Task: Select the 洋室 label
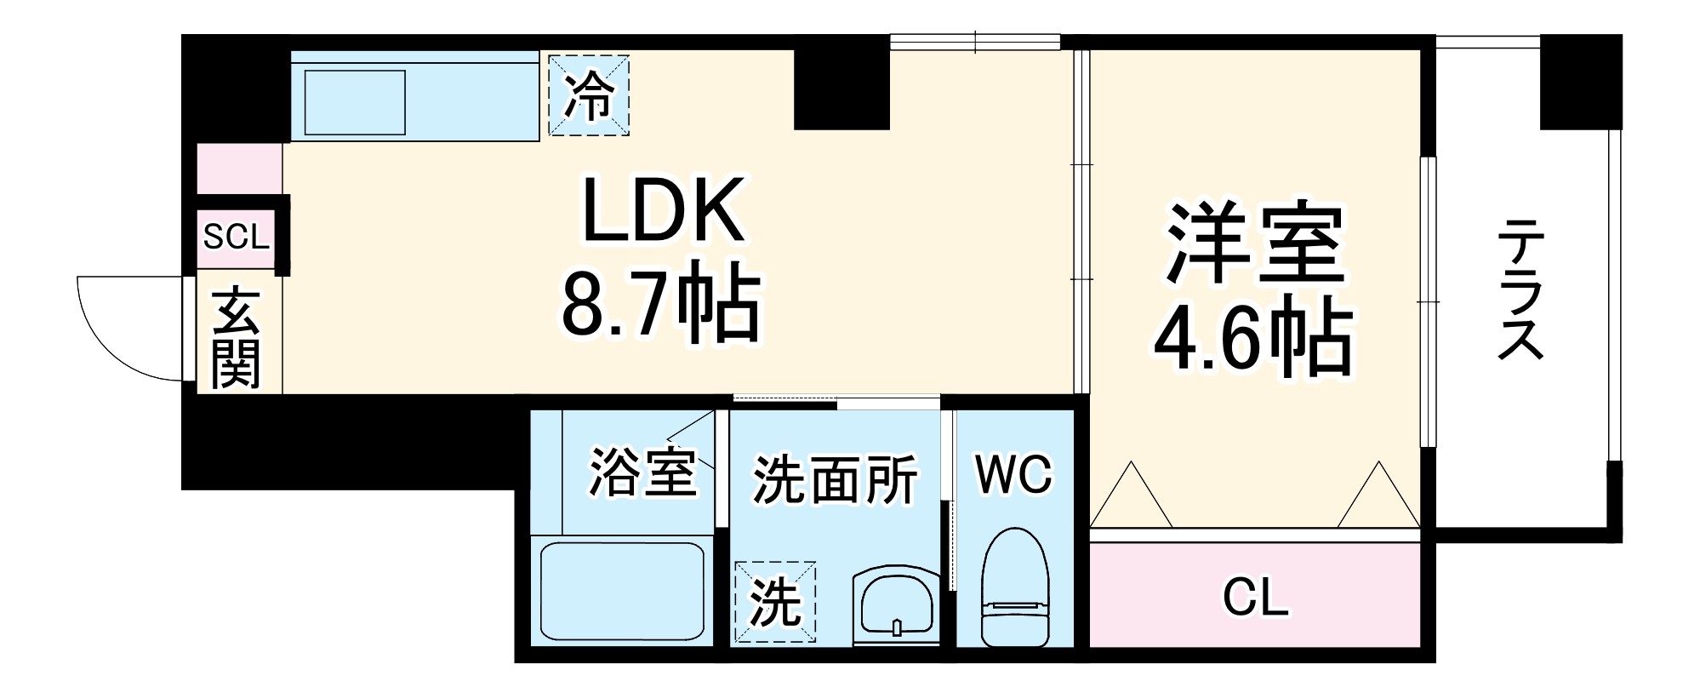pyautogui.click(x=1254, y=243)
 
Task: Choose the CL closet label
pyautogui.click(x=1255, y=598)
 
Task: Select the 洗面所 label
pyautogui.click(x=835, y=481)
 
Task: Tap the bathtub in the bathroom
pyautogui.click(x=623, y=591)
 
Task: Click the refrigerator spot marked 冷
pyautogui.click(x=589, y=95)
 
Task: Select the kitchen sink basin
pyautogui.click(x=355, y=102)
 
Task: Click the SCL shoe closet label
pyautogui.click(x=236, y=237)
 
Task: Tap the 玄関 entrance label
pyautogui.click(x=235, y=337)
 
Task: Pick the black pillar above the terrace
pyautogui.click(x=1581, y=82)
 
